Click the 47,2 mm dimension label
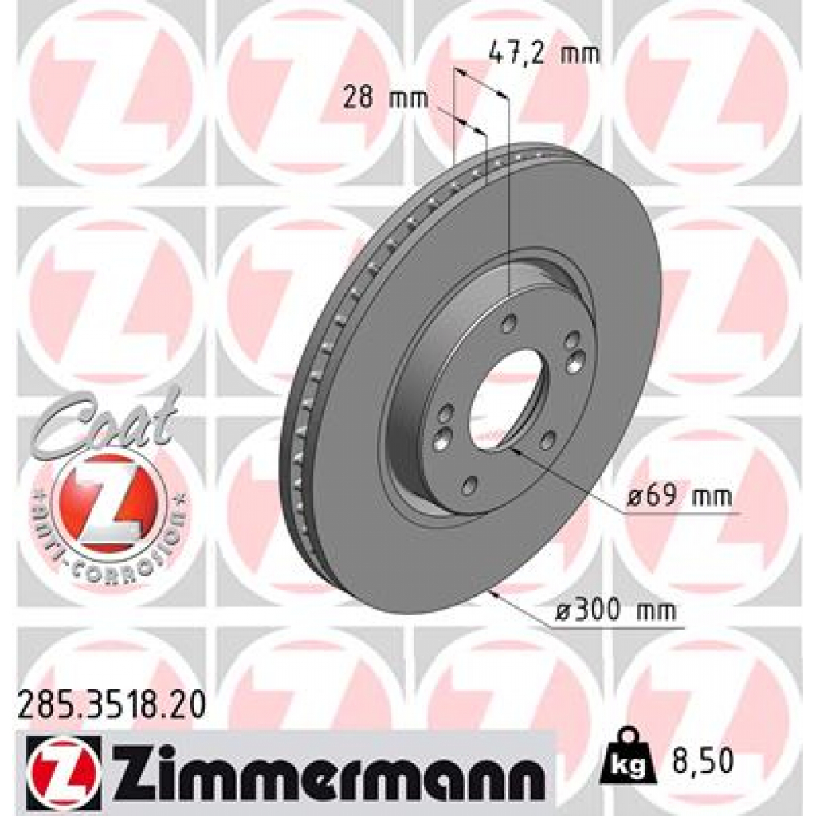(x=542, y=56)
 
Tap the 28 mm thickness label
(x=385, y=100)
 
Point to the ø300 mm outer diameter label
(x=614, y=611)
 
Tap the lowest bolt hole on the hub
(x=469, y=484)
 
